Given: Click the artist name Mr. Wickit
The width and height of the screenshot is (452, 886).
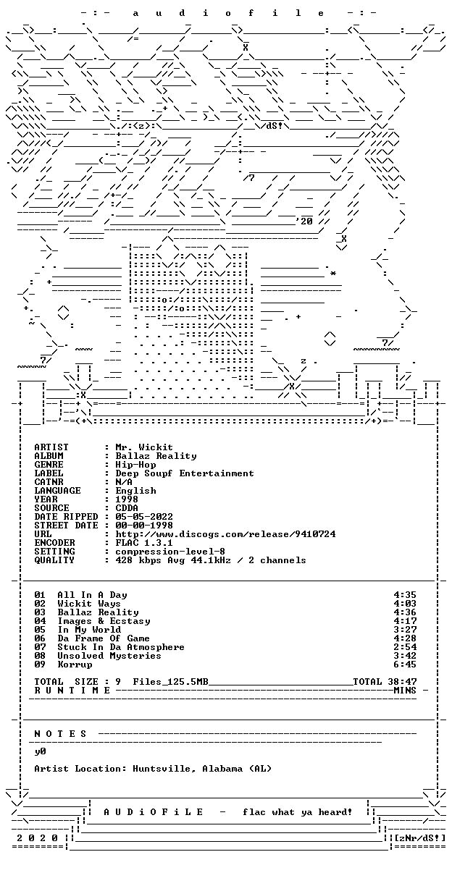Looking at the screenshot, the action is click(144, 447).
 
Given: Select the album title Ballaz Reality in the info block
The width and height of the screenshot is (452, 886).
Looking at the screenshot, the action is click(156, 456).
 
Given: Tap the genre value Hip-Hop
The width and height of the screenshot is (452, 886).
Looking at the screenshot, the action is click(135, 465).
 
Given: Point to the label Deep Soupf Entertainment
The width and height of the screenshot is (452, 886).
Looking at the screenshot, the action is click(185, 473).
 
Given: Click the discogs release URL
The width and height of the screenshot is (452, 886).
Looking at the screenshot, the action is click(225, 534).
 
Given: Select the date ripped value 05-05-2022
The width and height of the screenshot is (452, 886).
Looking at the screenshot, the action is click(144, 517).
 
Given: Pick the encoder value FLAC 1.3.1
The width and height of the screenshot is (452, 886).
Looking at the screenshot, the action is click(144, 543).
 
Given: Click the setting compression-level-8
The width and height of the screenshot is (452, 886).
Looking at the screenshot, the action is click(170, 552).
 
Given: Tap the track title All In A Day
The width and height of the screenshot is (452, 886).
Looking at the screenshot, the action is click(92, 595).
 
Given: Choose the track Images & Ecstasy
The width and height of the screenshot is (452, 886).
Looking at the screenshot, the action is click(104, 621).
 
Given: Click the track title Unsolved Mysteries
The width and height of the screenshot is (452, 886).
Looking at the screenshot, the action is click(109, 656).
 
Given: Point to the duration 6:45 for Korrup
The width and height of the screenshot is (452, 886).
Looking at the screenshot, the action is click(405, 664).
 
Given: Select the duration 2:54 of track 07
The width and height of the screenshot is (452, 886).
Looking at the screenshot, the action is click(405, 647).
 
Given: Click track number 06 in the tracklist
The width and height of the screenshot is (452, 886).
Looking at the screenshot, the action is click(40, 638).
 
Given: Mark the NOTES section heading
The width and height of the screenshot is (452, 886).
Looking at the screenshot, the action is click(60, 734).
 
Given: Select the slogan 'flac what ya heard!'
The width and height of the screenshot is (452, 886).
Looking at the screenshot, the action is click(297, 812).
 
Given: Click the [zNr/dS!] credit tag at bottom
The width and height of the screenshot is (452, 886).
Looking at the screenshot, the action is click(420, 838).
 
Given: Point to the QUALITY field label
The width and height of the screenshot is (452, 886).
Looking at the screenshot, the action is click(54, 560).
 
